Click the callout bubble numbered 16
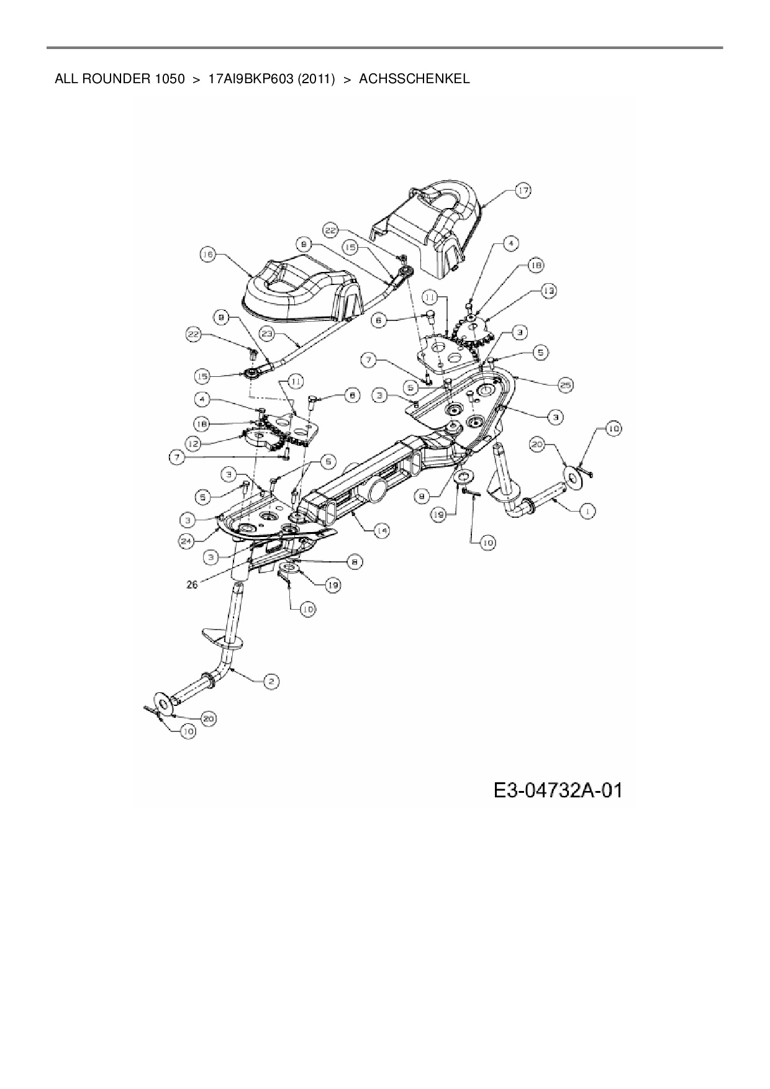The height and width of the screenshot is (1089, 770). (207, 254)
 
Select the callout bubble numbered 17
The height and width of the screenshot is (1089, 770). (523, 191)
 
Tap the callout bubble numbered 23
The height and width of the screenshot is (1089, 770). (268, 333)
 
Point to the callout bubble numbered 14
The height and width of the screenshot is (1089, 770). (381, 531)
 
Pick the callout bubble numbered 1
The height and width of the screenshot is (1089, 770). (587, 510)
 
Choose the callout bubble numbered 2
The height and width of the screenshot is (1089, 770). (271, 682)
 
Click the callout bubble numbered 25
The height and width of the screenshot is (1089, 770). (565, 384)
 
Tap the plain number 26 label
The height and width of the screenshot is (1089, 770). (192, 584)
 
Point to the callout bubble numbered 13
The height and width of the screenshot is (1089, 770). (548, 290)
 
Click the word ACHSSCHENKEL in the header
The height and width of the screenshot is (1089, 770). (414, 79)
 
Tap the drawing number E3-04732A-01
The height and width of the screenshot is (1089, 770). (558, 790)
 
